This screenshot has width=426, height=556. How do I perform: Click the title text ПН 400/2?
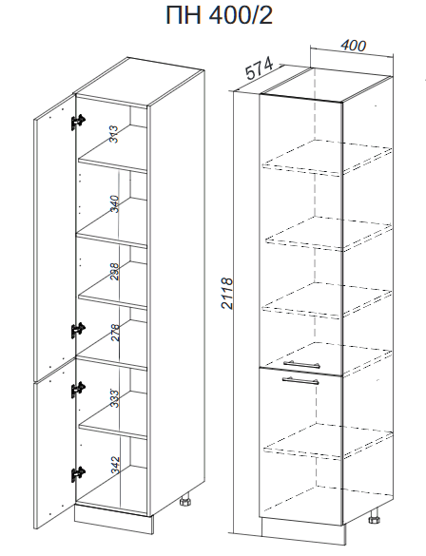coord(220,15)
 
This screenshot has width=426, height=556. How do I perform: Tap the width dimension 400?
coord(353,46)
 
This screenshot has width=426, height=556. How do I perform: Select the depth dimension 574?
coord(260,68)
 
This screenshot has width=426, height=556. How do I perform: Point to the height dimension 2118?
coord(227,294)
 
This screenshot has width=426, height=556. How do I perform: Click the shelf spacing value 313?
coord(114,134)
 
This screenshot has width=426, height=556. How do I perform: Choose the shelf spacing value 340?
coord(114,203)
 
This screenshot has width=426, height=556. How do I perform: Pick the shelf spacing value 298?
coord(114,272)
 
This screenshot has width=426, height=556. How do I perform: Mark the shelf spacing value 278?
coord(115,333)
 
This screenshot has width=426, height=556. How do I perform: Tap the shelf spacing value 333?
coord(114,398)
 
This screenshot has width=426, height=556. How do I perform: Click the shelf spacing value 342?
coord(115,465)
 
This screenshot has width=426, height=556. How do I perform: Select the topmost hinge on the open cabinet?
coord(78,122)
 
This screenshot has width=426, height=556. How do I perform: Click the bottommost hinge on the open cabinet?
coord(78,474)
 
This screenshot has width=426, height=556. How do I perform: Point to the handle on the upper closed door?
coord(301,364)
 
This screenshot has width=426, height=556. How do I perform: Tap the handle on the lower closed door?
coord(300,380)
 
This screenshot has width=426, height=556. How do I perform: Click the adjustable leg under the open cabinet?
coord(185,502)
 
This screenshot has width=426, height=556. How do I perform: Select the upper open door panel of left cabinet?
coord(55,238)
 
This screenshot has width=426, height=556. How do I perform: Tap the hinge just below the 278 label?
coord(78,330)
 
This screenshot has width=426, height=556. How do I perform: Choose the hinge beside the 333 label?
coord(78,390)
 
